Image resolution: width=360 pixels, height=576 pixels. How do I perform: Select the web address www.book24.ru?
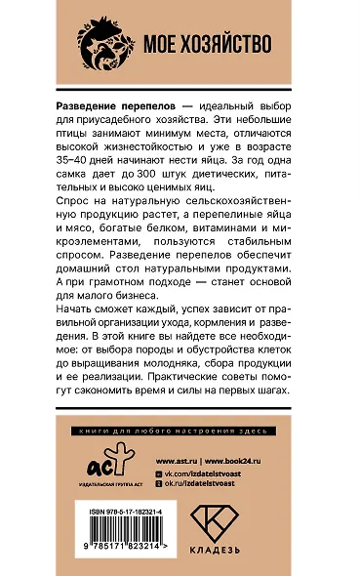pos(242,456)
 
